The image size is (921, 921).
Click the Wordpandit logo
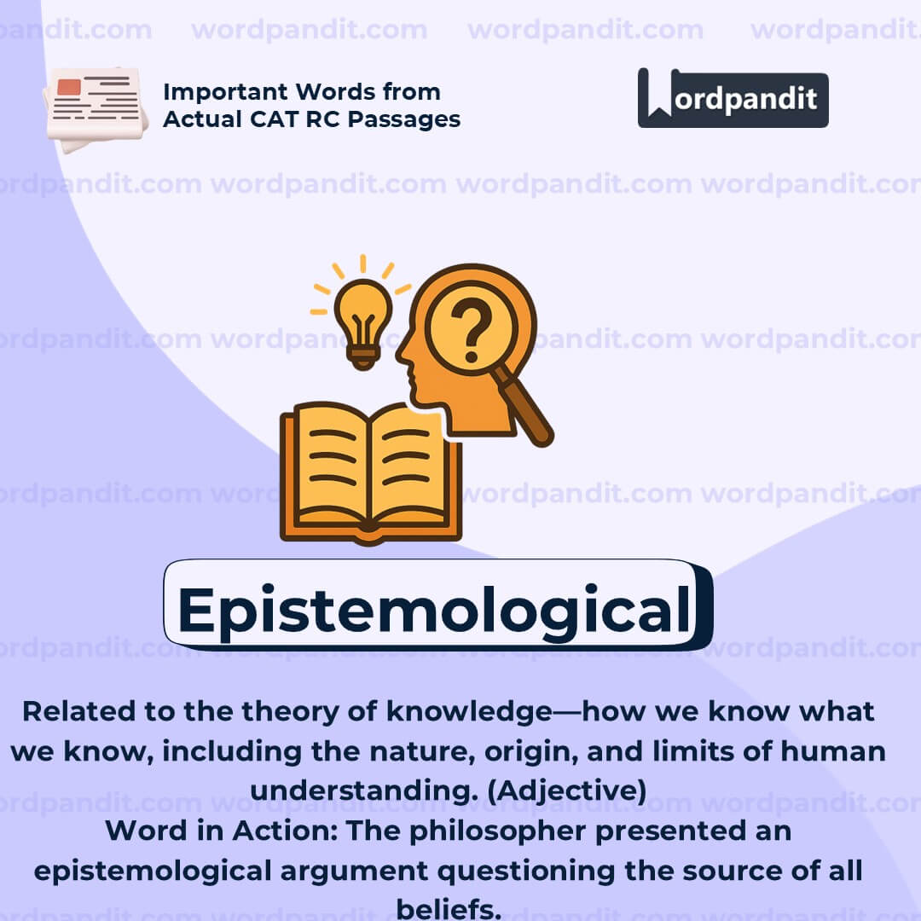[x=733, y=98]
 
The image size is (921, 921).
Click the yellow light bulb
[x=362, y=322]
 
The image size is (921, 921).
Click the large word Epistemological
[x=433, y=609]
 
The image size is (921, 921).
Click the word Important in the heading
[x=229, y=91]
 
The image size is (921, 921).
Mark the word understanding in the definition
[x=356, y=791]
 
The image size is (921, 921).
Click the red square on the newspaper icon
[x=69, y=87]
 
